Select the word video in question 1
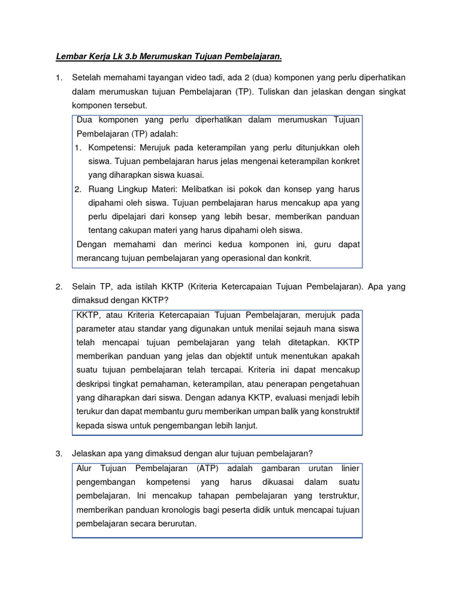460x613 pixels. (202, 78)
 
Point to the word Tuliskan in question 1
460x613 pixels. (275, 92)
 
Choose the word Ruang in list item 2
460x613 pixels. (101, 189)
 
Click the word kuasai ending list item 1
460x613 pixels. (191, 175)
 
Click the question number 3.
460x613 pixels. (59, 453)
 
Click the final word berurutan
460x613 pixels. (177, 523)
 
